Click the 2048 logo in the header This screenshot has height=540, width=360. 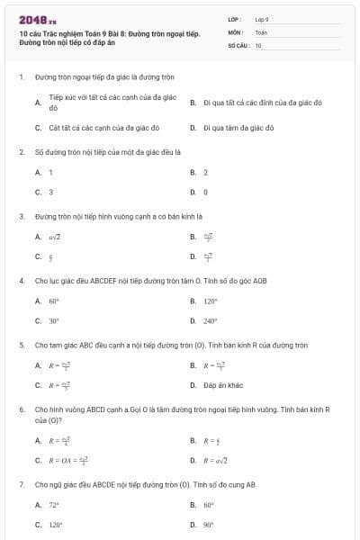(x=37, y=18)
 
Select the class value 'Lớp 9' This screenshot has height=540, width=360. (x=262, y=19)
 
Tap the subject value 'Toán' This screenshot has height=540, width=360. (x=261, y=31)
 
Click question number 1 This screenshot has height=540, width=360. (x=21, y=77)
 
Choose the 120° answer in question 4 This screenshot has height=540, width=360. (x=211, y=301)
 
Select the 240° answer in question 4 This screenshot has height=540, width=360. (x=211, y=320)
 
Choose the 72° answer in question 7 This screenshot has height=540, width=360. (x=54, y=505)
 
